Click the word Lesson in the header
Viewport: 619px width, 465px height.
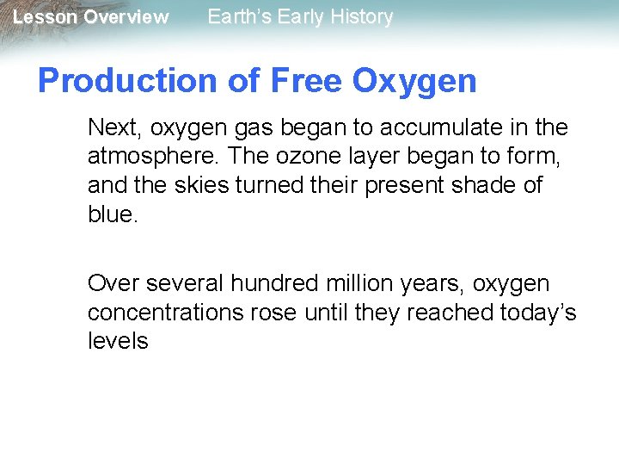pos(44,17)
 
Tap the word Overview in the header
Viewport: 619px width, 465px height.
pos(126,17)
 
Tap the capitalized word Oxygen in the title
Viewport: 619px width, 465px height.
pos(414,81)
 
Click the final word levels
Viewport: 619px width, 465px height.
pos(118,340)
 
